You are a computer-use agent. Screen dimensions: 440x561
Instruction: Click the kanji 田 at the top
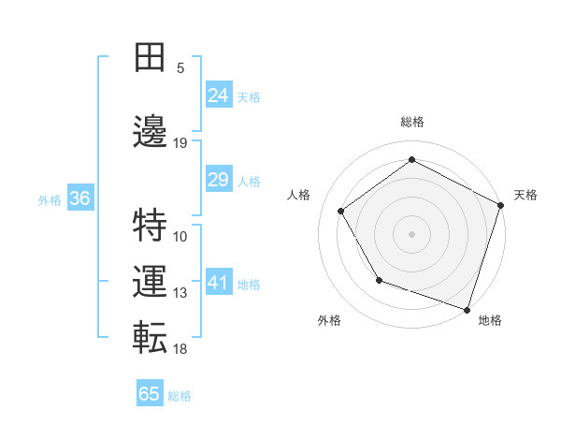pyautogui.click(x=150, y=58)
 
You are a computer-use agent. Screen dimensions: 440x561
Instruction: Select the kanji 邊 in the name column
pyautogui.click(x=150, y=131)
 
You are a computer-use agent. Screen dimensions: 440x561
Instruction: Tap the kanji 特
pyautogui.click(x=150, y=225)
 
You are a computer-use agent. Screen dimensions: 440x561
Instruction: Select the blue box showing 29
pyautogui.click(x=218, y=180)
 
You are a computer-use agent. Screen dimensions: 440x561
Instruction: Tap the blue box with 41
pyautogui.click(x=218, y=283)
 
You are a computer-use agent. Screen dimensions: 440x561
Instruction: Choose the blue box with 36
pyautogui.click(x=79, y=198)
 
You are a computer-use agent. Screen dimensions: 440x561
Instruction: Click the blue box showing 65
pyautogui.click(x=150, y=394)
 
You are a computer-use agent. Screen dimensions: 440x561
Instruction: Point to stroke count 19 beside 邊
pyautogui.click(x=180, y=142)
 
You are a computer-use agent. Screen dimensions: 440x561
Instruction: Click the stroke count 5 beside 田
pyautogui.click(x=180, y=67)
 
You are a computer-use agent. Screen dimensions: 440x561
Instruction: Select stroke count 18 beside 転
pyautogui.click(x=180, y=348)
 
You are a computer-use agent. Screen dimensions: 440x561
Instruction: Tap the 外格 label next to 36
pyautogui.click(x=50, y=199)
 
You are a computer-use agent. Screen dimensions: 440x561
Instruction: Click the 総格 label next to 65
pyautogui.click(x=180, y=395)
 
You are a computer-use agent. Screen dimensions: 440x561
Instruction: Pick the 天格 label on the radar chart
pyautogui.click(x=525, y=195)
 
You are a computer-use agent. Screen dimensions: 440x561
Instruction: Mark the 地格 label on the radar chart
pyautogui.click(x=490, y=320)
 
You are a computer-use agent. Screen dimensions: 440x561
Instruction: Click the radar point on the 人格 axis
pyautogui.click(x=340, y=212)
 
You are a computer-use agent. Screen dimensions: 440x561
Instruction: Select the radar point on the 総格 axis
pyautogui.click(x=411, y=159)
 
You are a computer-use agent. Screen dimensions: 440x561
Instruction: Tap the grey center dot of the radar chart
pyautogui.click(x=411, y=233)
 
